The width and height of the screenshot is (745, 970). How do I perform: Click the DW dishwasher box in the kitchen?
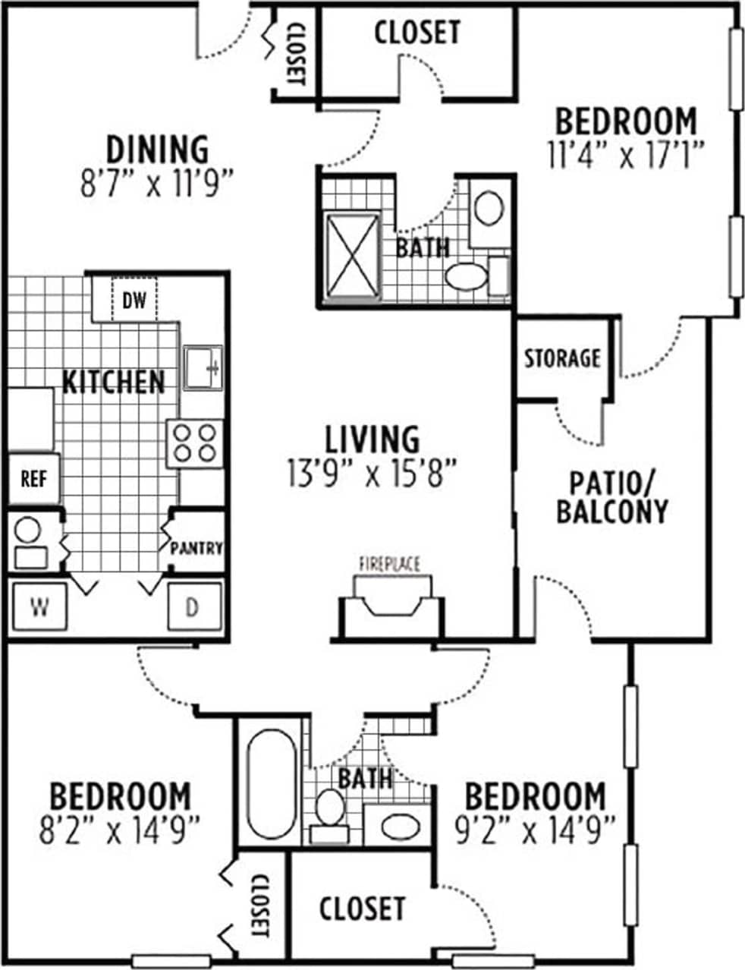click(134, 301)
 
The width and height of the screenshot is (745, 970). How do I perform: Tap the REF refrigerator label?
click(33, 479)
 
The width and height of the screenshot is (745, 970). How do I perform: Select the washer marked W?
click(37, 606)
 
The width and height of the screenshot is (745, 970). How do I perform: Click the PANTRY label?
click(196, 548)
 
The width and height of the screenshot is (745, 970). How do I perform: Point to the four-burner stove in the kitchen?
click(194, 444)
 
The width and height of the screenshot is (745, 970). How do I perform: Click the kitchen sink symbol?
click(203, 367)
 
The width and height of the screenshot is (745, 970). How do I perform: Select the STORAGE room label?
click(563, 357)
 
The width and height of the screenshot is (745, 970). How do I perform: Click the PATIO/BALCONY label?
click(612, 497)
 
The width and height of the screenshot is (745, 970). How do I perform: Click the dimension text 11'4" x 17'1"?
click(626, 155)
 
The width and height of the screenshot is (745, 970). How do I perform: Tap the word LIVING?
click(372, 439)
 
